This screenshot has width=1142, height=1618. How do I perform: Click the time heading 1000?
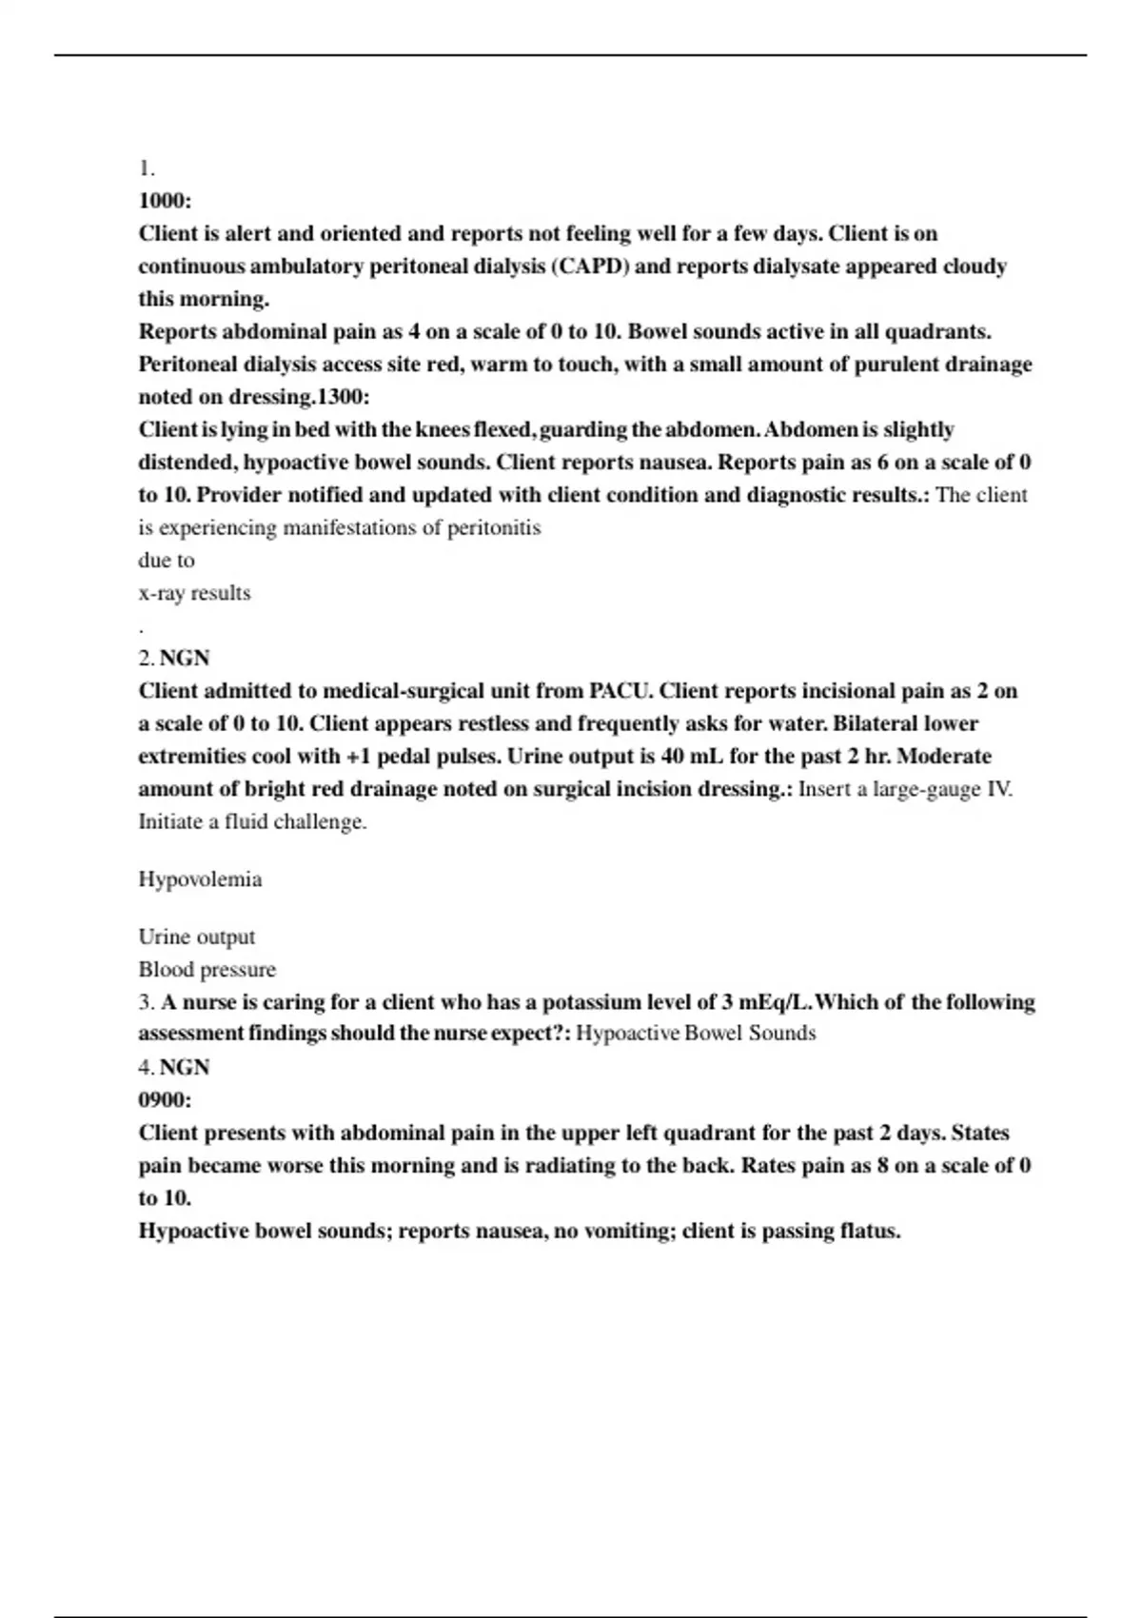point(165,201)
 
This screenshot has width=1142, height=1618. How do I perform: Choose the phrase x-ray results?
point(194,593)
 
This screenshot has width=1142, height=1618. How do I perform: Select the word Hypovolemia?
point(200,879)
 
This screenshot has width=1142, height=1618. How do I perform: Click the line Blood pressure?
point(207,970)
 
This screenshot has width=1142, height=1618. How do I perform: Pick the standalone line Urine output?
point(196,937)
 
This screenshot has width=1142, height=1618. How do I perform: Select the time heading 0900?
point(165,1100)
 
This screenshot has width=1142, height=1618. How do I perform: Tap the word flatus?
point(870,1232)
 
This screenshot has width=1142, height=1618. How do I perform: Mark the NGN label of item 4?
point(184,1068)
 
